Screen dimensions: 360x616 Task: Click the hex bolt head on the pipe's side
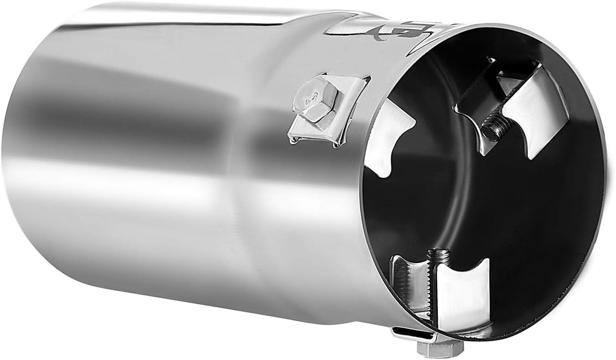coord(314,99)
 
